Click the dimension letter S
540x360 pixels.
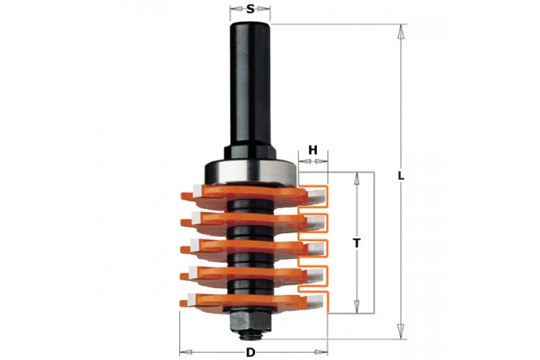tap(250, 9)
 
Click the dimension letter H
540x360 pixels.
tap(312, 150)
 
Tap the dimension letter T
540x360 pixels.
tap(357, 243)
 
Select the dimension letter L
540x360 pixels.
tap(400, 176)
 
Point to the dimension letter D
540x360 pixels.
tap(251, 352)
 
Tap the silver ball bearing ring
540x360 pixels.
tap(250, 172)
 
